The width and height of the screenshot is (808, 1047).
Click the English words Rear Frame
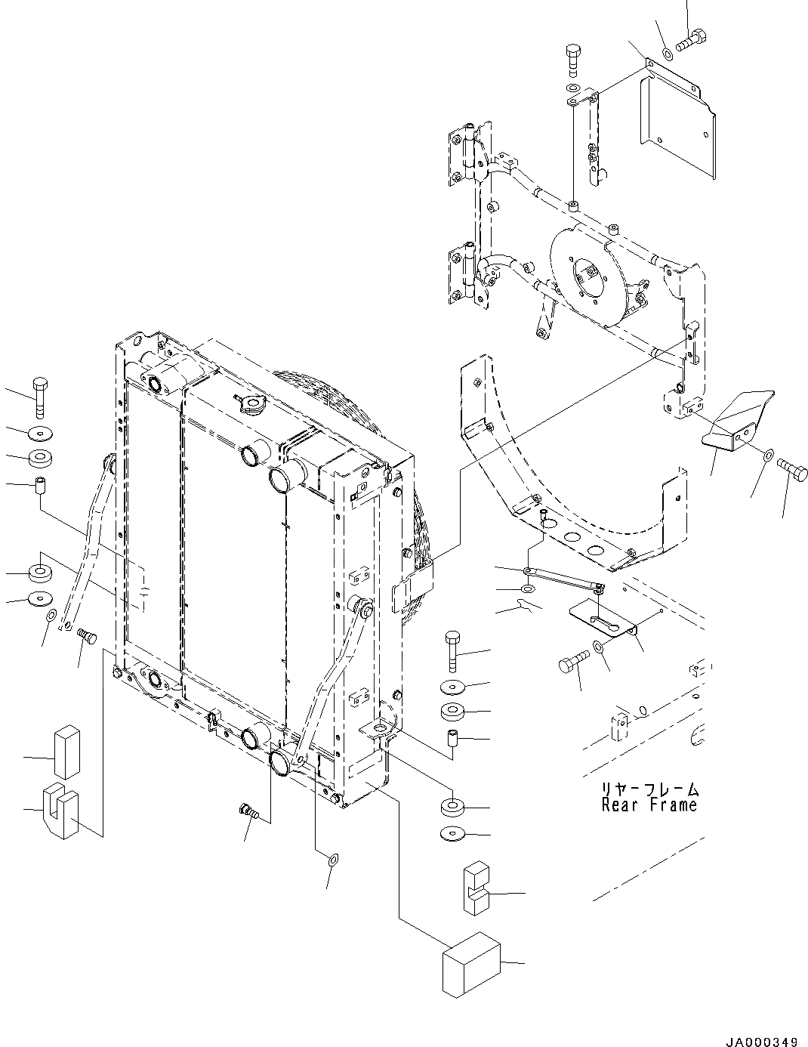(649, 805)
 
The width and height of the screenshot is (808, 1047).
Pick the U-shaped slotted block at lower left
(61, 810)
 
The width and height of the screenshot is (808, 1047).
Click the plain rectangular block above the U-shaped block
(66, 752)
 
